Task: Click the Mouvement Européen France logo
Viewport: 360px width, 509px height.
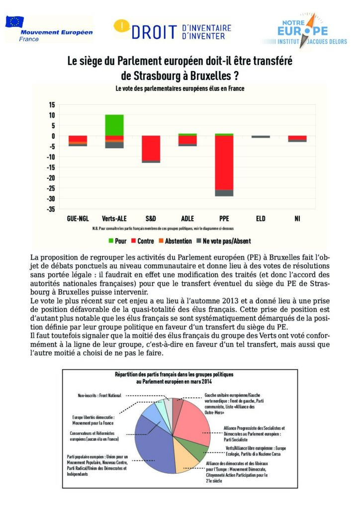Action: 49,29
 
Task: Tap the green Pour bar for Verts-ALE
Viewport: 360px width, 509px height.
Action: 115,125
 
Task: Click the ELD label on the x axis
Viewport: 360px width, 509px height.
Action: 261,218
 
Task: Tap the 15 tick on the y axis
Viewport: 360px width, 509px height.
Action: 51,104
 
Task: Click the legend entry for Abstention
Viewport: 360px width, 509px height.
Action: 173,241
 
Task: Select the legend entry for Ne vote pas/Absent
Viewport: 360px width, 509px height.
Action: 227,241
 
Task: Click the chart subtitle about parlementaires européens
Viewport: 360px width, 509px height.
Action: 180,88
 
